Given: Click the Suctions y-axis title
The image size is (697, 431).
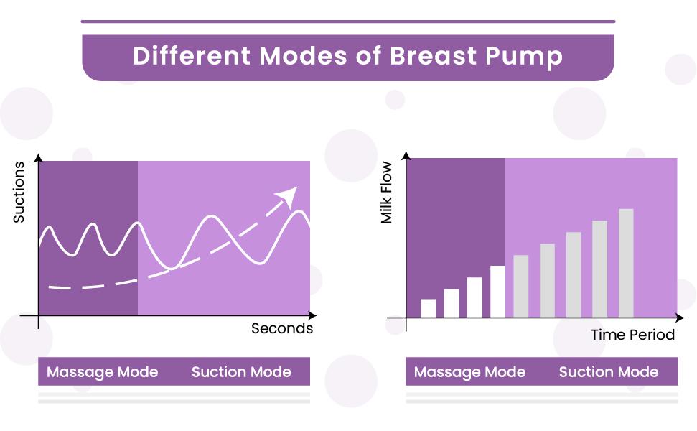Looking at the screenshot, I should [19, 192].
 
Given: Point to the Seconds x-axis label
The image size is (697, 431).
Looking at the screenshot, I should [282, 328].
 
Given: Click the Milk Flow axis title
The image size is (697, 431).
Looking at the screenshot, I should [388, 193].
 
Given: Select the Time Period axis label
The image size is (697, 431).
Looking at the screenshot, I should [632, 335].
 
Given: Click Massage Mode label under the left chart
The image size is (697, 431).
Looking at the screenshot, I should [102, 372].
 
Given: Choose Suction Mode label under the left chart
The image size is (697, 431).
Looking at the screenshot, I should [241, 372].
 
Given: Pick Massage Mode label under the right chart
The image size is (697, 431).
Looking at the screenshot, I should [469, 372].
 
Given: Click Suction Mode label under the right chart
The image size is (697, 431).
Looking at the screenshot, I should [609, 372].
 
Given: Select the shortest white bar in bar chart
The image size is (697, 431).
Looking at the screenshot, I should [428, 308].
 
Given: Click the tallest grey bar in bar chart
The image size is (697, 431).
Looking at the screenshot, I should [626, 262].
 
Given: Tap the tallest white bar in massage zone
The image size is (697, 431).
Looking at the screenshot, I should [498, 291].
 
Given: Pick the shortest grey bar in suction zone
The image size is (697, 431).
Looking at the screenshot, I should [521, 286].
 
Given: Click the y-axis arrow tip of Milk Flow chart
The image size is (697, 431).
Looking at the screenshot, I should [406, 154].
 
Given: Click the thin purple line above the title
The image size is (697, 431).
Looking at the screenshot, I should [348, 22].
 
